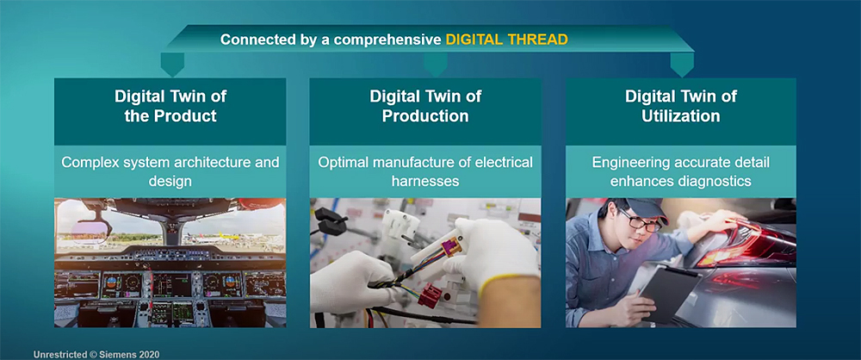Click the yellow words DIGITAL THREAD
506,40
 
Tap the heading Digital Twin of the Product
170,106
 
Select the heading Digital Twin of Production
425,106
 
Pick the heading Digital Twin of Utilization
681,106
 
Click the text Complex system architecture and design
170,171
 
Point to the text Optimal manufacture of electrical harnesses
425,171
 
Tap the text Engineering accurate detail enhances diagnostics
681,171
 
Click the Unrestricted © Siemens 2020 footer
96,355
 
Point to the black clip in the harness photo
331,220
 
